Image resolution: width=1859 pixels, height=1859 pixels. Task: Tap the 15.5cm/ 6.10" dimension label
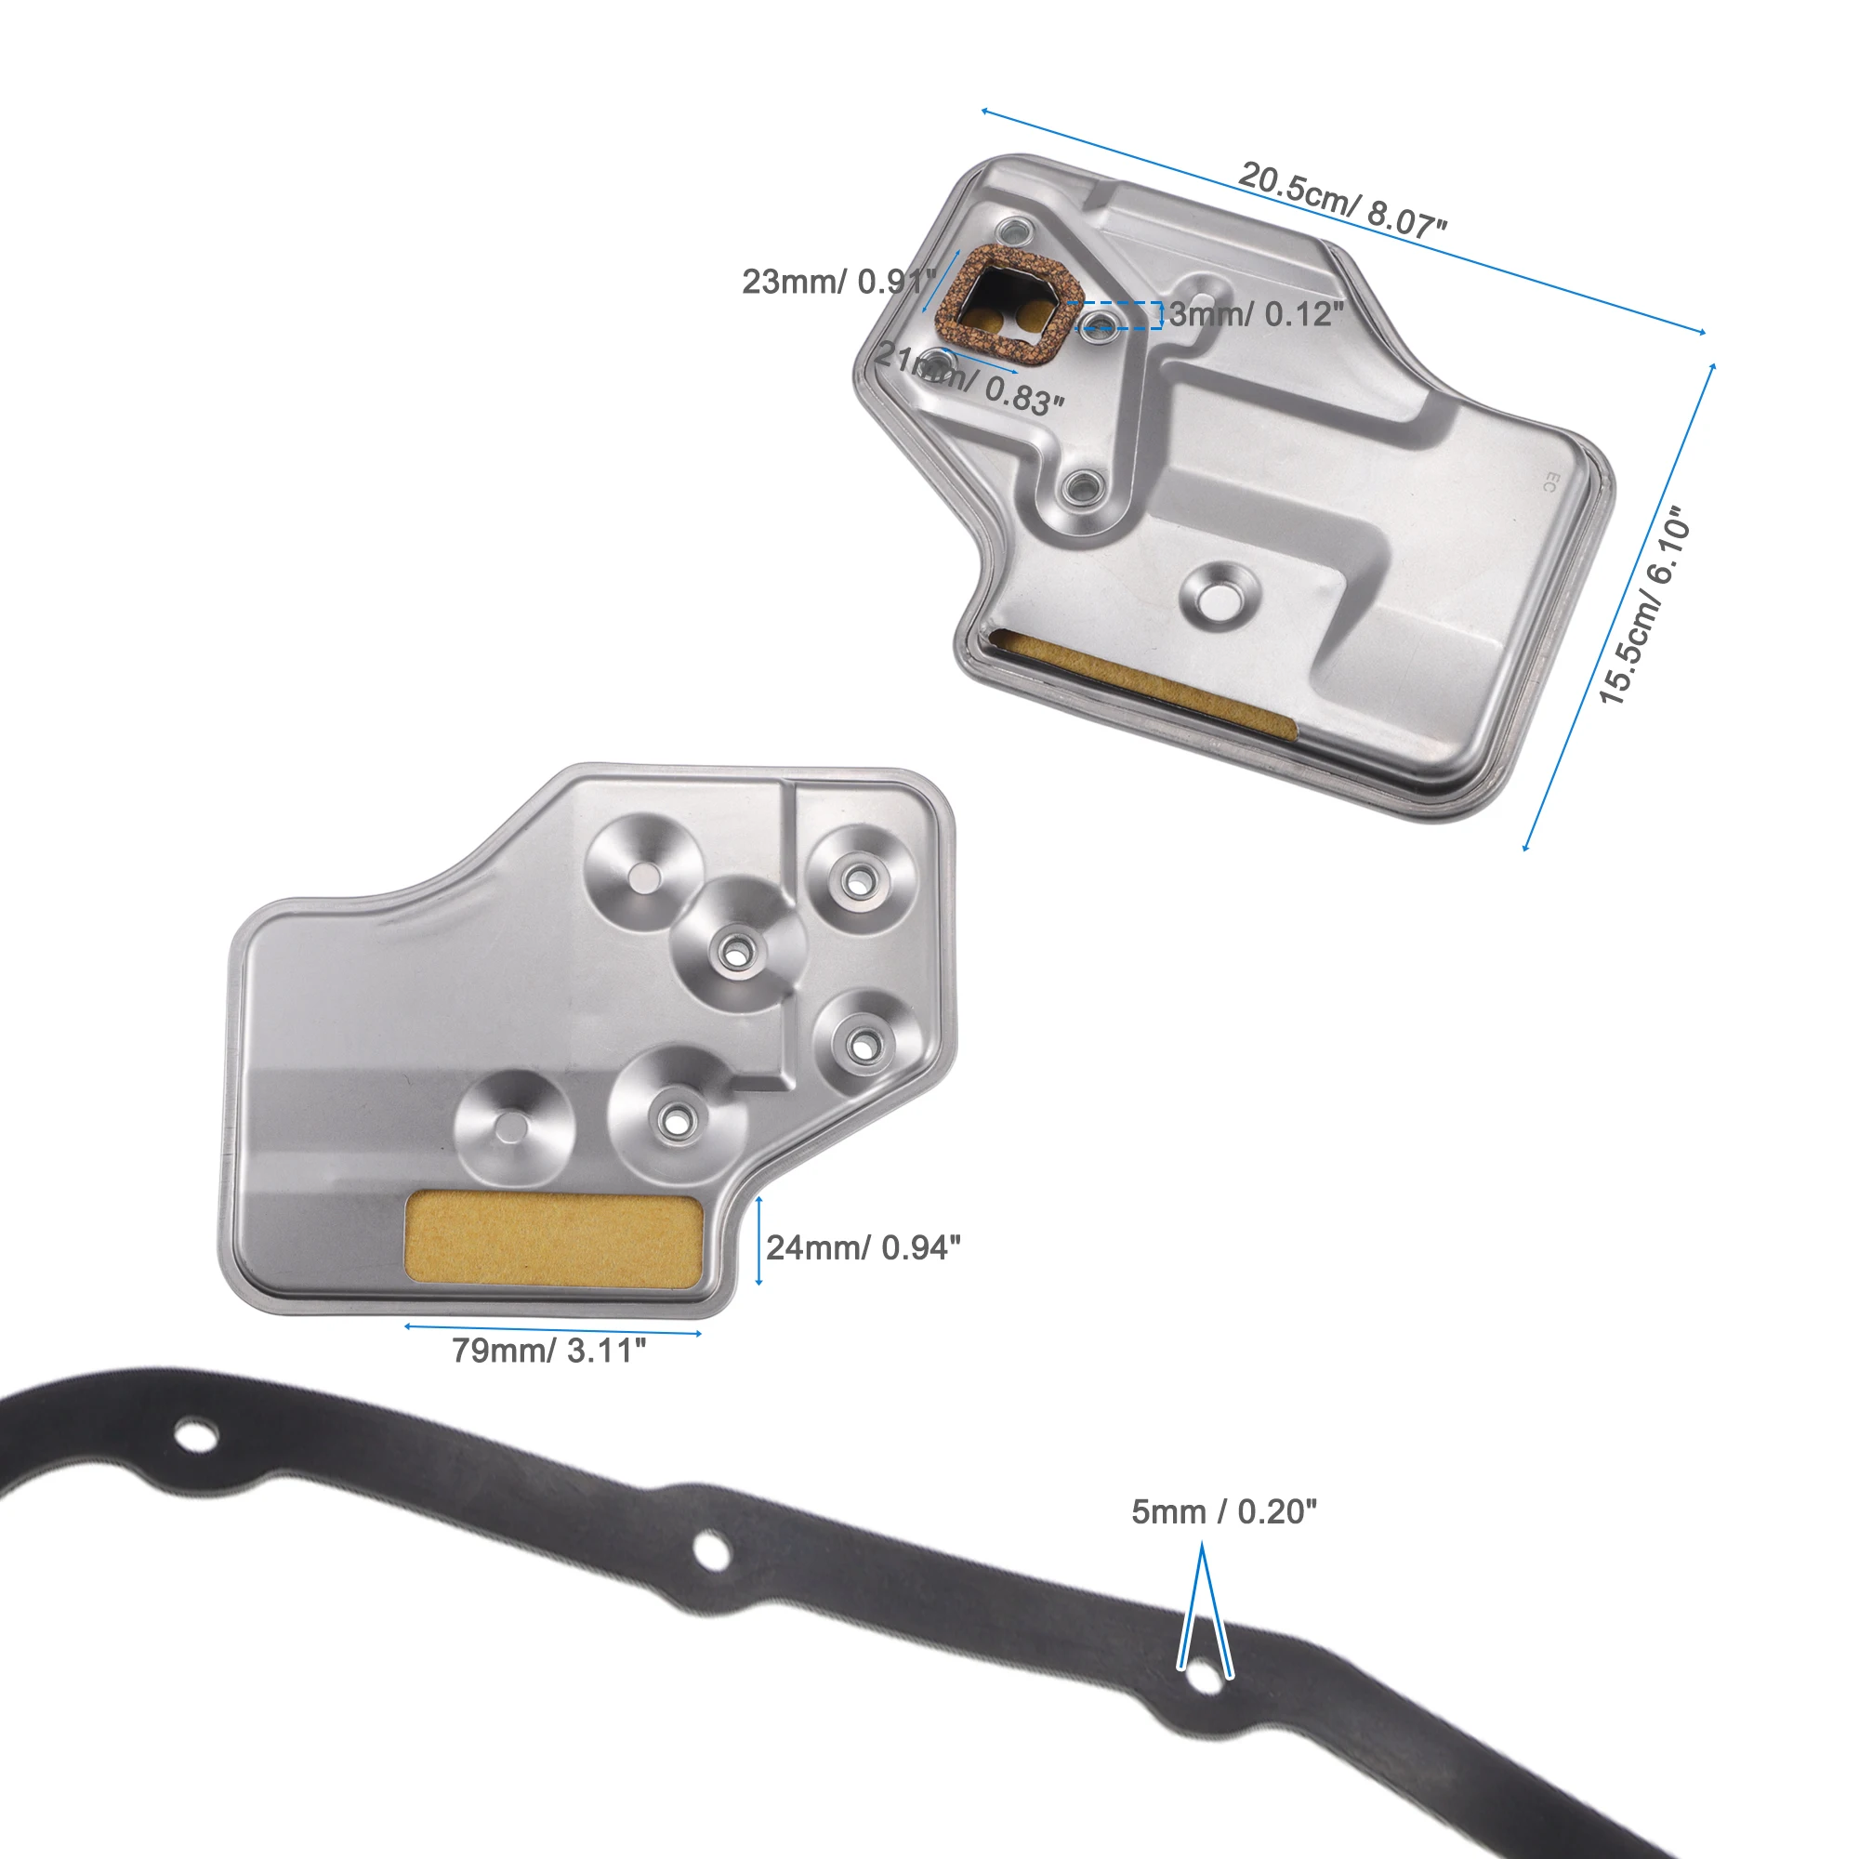coord(1644,606)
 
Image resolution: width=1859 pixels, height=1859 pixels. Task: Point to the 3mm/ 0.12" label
coord(1255,313)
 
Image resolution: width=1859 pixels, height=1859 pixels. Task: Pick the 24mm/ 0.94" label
coord(864,1247)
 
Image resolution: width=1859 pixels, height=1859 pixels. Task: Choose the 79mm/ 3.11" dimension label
coord(549,1350)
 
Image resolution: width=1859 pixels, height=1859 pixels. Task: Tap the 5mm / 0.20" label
coord(1223,1511)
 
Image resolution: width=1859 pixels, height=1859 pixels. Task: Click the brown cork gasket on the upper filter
coord(1008,307)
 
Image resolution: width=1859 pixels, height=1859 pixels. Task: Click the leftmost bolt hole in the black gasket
coord(195,1438)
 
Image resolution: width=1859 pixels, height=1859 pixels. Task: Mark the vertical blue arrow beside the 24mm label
coord(759,1240)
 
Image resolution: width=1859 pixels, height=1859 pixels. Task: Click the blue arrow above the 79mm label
coord(552,1329)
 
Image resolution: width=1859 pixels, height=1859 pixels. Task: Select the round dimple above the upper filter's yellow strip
coord(1220,595)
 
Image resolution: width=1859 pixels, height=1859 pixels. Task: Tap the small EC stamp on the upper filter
coord(1549,482)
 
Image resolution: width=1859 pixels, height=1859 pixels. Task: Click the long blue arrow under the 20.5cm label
coord(1341,222)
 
